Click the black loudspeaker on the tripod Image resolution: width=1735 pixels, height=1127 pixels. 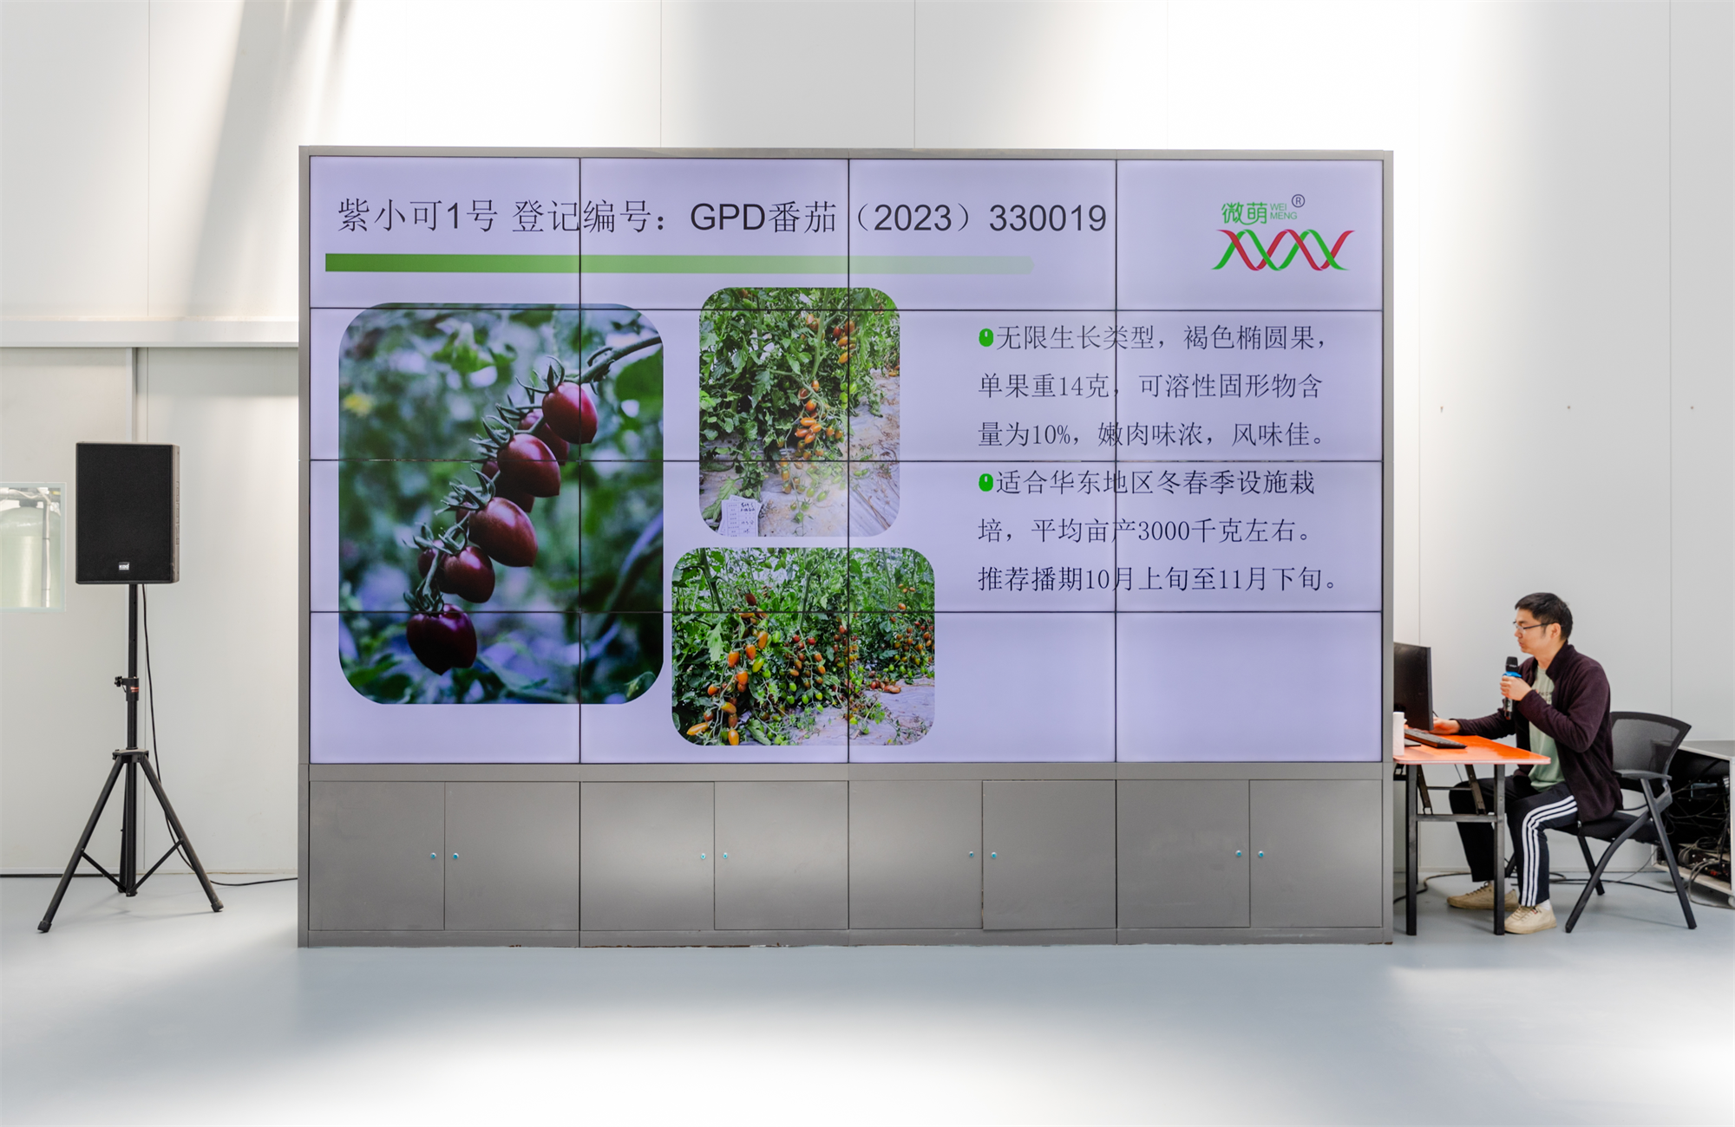pos(127,513)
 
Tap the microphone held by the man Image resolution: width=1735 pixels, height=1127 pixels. pos(1510,681)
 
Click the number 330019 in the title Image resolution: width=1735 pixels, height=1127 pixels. pos(1047,218)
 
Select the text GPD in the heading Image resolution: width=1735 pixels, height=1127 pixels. pos(727,218)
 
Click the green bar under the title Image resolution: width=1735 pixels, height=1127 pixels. pos(679,264)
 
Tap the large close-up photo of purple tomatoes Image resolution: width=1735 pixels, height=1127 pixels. pos(501,503)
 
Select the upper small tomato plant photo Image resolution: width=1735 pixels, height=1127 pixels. pos(799,412)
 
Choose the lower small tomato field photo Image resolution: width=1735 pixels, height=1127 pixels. pos(803,646)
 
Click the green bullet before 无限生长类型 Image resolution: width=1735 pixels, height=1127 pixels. pos(985,337)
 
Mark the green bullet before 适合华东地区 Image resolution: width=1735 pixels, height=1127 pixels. pos(985,482)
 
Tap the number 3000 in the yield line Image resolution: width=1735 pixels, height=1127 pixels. pos(1163,531)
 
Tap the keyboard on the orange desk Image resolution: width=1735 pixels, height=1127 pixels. pos(1433,739)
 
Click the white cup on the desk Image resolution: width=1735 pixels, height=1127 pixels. pos(1398,732)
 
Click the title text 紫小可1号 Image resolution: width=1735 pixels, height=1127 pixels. pos(417,216)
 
